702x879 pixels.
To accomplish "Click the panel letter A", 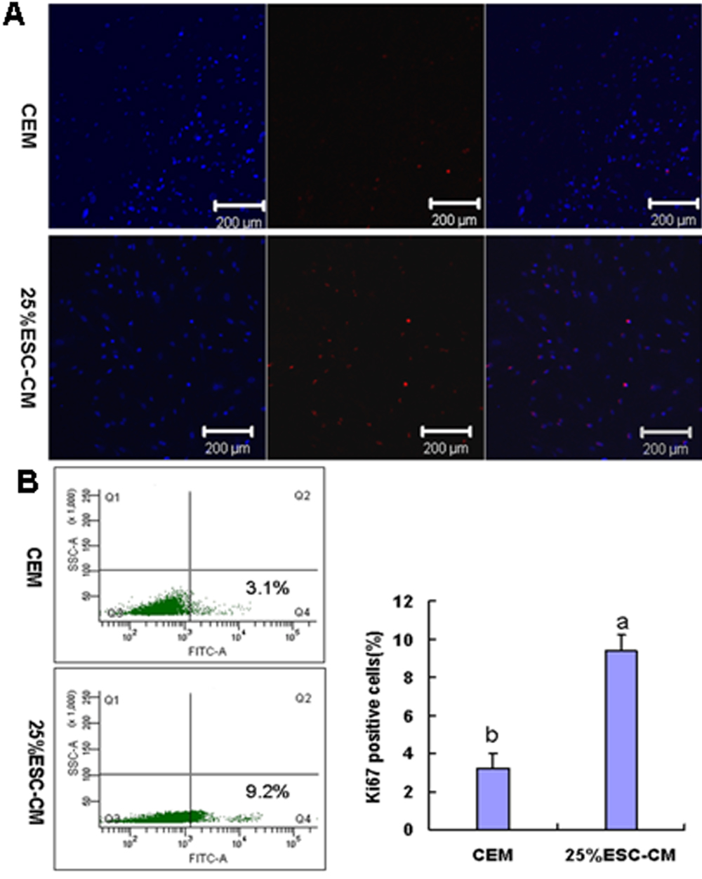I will [x=14, y=13].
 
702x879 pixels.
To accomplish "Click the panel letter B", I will [x=26, y=481].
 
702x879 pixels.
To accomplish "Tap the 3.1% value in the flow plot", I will [x=267, y=588].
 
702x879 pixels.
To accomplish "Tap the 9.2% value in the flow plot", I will [x=267, y=791].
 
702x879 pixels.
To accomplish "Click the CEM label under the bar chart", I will [x=492, y=855].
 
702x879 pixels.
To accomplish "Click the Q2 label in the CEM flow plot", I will [x=303, y=496].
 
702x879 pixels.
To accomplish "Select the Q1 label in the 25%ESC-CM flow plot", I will [x=111, y=699].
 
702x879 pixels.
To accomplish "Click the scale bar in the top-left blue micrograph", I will [x=239, y=206].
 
